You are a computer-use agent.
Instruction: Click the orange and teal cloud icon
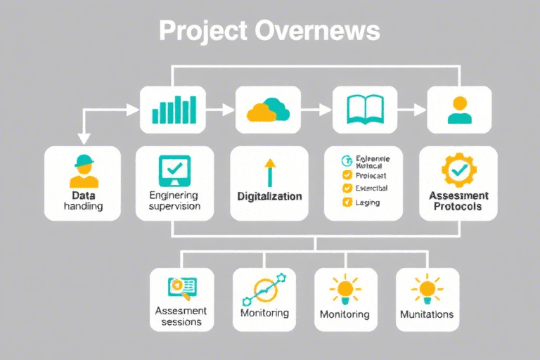pyautogui.click(x=268, y=110)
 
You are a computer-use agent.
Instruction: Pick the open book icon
pyautogui.click(x=364, y=110)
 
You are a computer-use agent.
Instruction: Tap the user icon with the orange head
pyautogui.click(x=460, y=110)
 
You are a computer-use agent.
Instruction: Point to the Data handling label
pyautogui.click(x=83, y=200)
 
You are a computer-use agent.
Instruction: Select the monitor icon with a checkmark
pyautogui.click(x=174, y=169)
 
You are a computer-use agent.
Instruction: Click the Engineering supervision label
pyautogui.click(x=175, y=200)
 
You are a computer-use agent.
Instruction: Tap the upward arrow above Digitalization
pyautogui.click(x=269, y=172)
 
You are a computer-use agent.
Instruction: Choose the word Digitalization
pyautogui.click(x=269, y=197)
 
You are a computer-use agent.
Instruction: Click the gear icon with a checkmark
pyautogui.click(x=458, y=169)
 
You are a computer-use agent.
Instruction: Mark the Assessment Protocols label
pyautogui.click(x=458, y=201)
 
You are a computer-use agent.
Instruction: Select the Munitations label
pyautogui.click(x=427, y=314)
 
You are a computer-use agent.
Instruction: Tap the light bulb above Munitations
pyautogui.click(x=427, y=288)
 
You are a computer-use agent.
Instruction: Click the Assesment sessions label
pyautogui.click(x=181, y=316)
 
